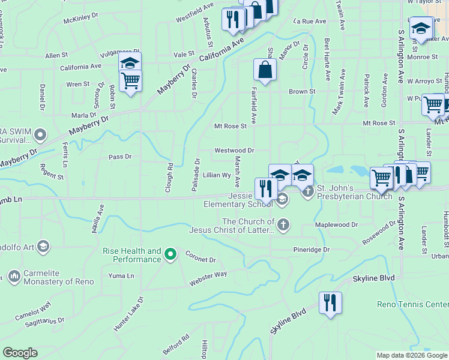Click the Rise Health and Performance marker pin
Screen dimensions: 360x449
pos(170,255)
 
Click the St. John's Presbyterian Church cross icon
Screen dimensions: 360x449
pos(308,191)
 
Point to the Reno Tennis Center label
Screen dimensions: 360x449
pos(412,304)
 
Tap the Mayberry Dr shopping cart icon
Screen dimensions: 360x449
pos(130,80)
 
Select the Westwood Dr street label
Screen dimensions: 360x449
pos(234,151)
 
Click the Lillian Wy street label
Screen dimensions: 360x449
pos(217,175)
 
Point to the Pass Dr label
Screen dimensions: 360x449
pos(119,157)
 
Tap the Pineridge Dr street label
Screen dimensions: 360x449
pos(312,249)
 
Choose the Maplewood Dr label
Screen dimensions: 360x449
pos(337,225)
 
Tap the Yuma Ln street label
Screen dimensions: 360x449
pos(121,276)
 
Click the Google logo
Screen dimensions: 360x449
pos(20,353)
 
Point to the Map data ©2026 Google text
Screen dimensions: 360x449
pos(411,355)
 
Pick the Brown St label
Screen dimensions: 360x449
pos(301,92)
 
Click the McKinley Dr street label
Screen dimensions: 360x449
pos(81,17)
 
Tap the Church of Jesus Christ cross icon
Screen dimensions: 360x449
pos(283,225)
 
